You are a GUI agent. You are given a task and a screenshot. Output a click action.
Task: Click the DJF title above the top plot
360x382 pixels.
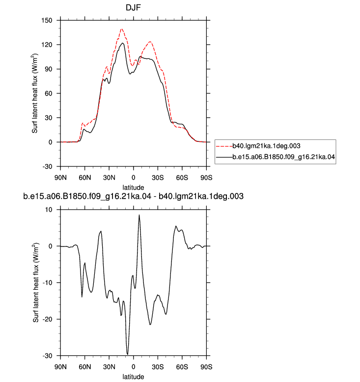point(133,7)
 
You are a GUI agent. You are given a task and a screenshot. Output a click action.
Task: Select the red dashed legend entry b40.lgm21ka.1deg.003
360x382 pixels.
point(258,146)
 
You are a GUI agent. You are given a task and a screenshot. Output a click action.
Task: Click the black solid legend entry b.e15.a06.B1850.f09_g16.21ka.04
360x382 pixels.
point(276,157)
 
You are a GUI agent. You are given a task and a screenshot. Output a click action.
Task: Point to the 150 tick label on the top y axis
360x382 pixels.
point(47,20)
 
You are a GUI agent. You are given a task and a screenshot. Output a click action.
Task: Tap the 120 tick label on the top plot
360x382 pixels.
point(47,45)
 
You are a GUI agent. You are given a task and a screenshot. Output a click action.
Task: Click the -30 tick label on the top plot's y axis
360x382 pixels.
point(47,166)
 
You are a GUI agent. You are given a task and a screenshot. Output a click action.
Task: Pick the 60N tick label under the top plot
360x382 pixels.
point(85,178)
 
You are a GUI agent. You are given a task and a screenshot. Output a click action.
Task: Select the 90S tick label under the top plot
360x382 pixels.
point(206,178)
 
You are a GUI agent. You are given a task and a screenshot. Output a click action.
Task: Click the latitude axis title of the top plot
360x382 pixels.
point(133,188)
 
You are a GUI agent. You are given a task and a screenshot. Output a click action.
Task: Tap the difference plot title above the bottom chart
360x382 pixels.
point(133,196)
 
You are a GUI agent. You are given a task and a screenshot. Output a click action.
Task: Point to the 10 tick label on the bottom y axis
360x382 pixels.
point(49,210)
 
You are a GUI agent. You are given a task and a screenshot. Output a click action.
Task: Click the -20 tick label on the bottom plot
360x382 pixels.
point(47,319)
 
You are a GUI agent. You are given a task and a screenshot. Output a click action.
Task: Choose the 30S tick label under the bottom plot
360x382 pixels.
point(158,367)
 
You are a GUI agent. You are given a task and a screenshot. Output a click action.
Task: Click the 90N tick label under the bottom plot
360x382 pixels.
point(60,367)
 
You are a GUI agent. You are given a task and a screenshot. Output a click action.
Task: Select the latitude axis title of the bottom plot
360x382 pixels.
point(133,377)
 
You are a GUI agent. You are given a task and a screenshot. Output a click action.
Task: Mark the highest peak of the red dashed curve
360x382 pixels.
point(122,29)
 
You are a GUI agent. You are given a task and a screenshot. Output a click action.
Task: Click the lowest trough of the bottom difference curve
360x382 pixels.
point(128,355)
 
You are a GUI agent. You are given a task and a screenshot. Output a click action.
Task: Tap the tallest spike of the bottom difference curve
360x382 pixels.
point(139,215)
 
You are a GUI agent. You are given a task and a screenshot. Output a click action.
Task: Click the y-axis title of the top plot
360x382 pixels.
point(35,93)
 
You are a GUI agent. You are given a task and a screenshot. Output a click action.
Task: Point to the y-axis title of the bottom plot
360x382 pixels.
point(36,283)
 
